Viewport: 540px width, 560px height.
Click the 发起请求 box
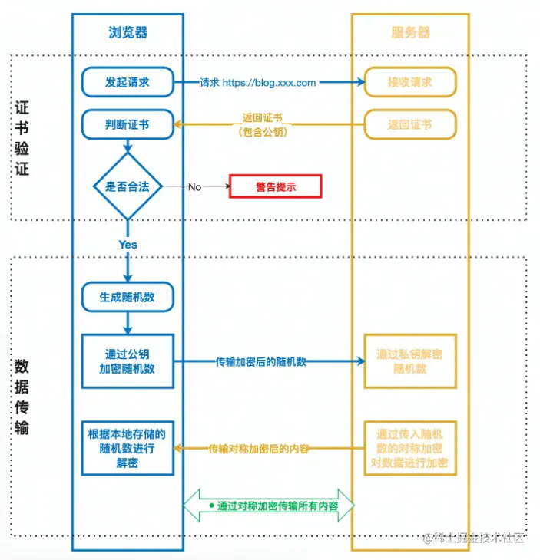tap(128, 82)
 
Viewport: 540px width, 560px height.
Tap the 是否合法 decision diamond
tap(128, 186)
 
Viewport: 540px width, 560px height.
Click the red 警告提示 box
tap(275, 186)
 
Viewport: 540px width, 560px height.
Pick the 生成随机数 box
tap(128, 297)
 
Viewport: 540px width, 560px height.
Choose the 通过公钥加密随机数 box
tap(128, 361)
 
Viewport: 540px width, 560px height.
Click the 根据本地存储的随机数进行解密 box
tap(128, 449)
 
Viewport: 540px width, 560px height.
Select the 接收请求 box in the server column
tap(409, 82)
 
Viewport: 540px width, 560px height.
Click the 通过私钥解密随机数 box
tap(409, 361)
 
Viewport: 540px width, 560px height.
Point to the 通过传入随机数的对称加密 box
tap(409, 449)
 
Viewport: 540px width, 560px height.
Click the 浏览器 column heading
tap(128, 32)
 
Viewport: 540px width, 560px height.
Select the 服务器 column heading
tap(410, 32)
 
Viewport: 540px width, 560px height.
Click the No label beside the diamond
tap(194, 186)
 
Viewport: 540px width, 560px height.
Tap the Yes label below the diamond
tap(128, 245)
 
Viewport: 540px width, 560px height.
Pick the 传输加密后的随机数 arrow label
tap(261, 361)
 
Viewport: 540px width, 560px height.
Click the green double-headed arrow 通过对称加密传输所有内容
tap(270, 506)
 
